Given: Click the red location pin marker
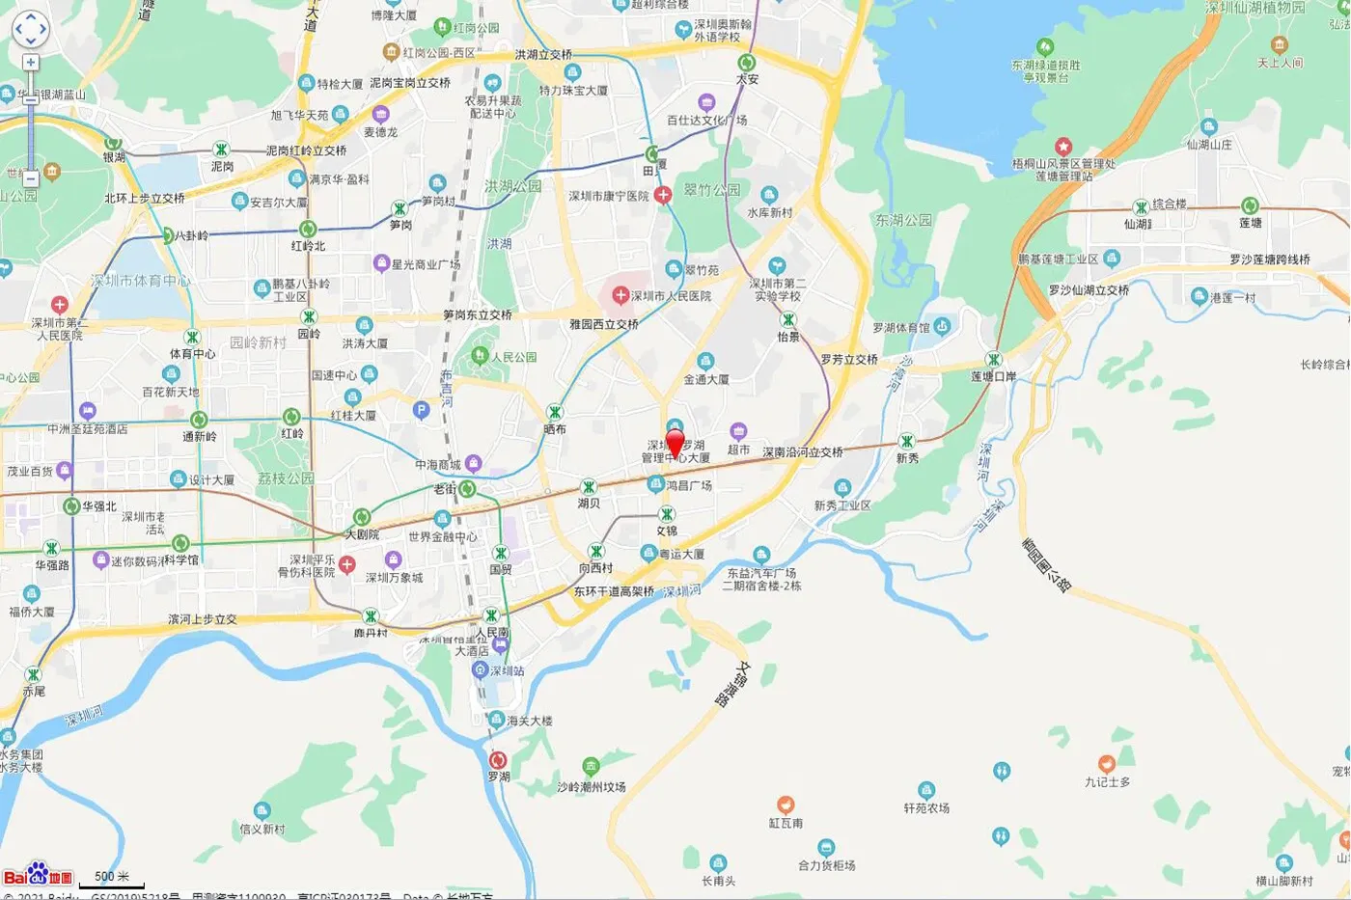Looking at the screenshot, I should pyautogui.click(x=675, y=443).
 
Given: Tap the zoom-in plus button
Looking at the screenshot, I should pyautogui.click(x=31, y=63).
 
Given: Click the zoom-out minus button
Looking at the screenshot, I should pyautogui.click(x=31, y=178).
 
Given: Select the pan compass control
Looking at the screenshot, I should pyautogui.click(x=30, y=29).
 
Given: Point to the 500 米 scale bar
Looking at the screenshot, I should pyautogui.click(x=112, y=879).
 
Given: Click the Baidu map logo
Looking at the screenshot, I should pyautogui.click(x=38, y=874).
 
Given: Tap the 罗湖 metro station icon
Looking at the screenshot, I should pyautogui.click(x=498, y=760).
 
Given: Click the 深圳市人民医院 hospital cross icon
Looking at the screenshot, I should pyautogui.click(x=620, y=294).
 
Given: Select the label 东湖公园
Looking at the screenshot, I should pyautogui.click(x=903, y=220).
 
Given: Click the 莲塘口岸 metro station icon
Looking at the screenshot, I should pyautogui.click(x=993, y=360).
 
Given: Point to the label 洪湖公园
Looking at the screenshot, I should pyautogui.click(x=512, y=186).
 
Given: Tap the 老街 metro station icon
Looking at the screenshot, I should pyautogui.click(x=467, y=488).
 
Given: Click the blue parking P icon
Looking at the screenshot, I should pyautogui.click(x=421, y=410).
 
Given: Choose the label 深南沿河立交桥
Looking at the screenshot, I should pyautogui.click(x=802, y=451).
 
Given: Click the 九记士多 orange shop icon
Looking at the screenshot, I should pyautogui.click(x=1106, y=765).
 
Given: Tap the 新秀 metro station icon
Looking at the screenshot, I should pyautogui.click(x=906, y=442).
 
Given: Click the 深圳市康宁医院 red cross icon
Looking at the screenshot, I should pyautogui.click(x=663, y=195).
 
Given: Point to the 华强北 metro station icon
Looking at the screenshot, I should pyautogui.click(x=71, y=506).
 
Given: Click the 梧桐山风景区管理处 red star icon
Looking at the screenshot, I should pyautogui.click(x=1062, y=147).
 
